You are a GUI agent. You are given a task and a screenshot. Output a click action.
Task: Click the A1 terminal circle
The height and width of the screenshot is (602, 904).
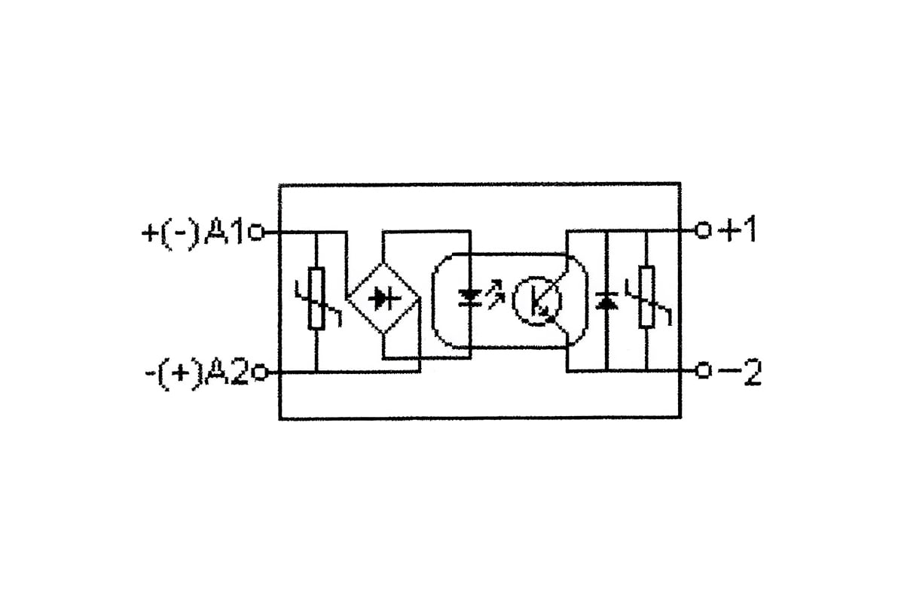pos(256,233)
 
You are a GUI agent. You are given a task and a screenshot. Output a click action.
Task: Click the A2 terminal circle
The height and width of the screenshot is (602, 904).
pos(259,372)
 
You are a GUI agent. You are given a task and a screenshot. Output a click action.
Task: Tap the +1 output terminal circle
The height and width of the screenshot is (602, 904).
pos(703,230)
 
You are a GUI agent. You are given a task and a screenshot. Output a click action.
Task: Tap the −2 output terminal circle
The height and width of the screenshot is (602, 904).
pos(703,370)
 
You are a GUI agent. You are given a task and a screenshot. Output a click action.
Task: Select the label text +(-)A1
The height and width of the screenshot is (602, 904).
pos(193,234)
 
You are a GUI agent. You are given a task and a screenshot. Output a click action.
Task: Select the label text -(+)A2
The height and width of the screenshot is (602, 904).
pos(197,374)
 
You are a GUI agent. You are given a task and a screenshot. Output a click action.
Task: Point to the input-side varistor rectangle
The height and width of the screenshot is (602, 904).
pos(316,299)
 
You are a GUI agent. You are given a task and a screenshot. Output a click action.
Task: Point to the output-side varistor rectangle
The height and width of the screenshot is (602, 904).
pos(646,296)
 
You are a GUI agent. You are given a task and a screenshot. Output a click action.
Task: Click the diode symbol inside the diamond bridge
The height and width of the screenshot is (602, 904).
pos(384,299)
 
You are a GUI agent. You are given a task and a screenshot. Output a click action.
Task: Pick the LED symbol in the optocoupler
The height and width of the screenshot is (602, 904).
pos(470,297)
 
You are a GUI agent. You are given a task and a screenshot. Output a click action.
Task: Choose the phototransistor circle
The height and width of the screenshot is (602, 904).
pos(536,301)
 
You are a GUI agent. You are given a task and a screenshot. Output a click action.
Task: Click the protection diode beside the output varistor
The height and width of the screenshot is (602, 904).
pos(606,301)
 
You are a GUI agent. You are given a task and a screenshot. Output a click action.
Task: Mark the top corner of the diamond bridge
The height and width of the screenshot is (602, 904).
pos(383,263)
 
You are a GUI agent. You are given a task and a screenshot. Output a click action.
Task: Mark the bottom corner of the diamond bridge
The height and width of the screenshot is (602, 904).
pos(383,333)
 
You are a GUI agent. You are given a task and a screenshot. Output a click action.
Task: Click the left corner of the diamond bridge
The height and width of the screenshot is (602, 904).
pos(349,299)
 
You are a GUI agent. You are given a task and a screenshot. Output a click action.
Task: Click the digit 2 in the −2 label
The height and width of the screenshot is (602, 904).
pos(752,372)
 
